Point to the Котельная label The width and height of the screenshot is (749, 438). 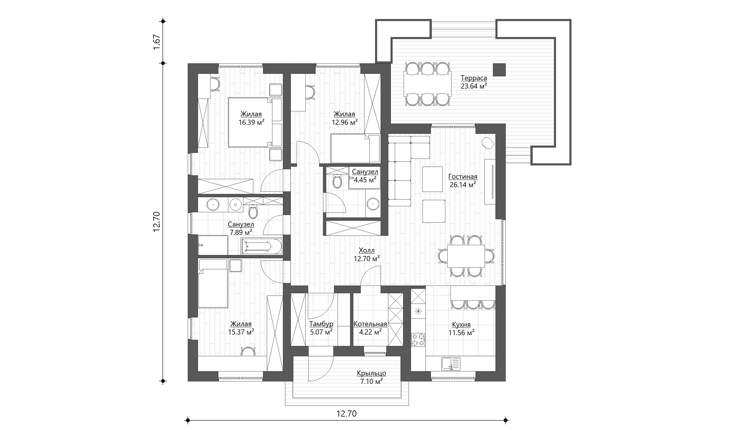[370, 324]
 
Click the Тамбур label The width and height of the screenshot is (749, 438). [321, 324]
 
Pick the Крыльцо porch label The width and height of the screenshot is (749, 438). [372, 373]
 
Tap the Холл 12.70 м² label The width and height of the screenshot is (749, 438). [367, 255]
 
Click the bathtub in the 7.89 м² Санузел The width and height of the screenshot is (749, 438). [262, 247]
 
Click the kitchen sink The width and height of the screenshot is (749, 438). [451, 364]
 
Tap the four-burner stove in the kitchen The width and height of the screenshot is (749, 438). [418, 340]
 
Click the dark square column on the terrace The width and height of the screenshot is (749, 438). [499, 70]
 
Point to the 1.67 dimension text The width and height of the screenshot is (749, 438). [157, 42]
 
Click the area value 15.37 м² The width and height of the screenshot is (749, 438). [241, 332]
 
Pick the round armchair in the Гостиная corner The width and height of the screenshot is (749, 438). [488, 143]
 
